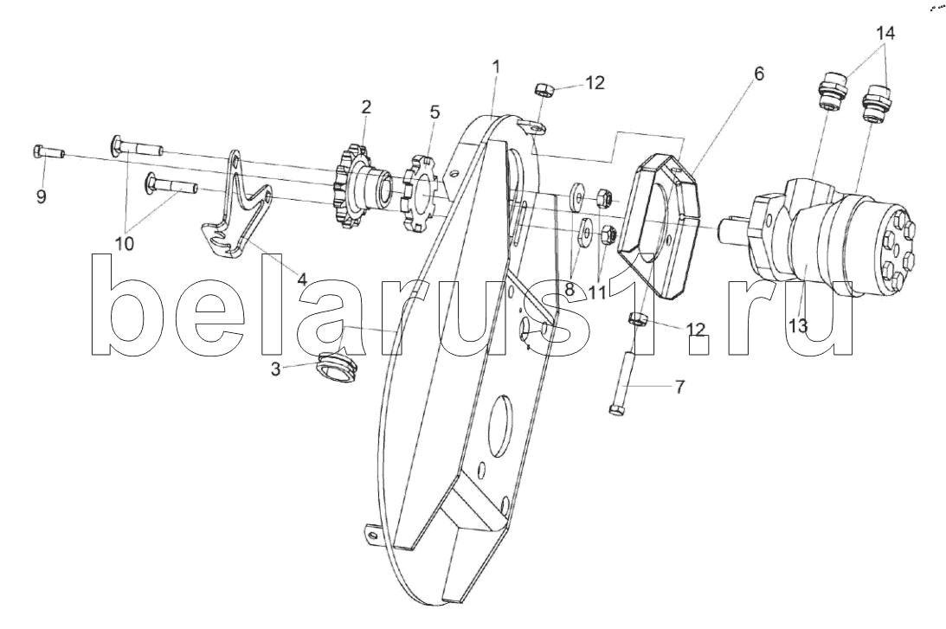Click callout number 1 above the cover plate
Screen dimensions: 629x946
[496, 66]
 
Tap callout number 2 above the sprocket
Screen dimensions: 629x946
[366, 107]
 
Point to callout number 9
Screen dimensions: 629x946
[42, 197]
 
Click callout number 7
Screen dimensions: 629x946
[679, 387]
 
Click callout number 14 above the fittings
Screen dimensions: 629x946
[885, 34]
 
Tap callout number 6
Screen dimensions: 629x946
[758, 74]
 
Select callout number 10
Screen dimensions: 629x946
[125, 244]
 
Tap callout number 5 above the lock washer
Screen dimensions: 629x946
[434, 112]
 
